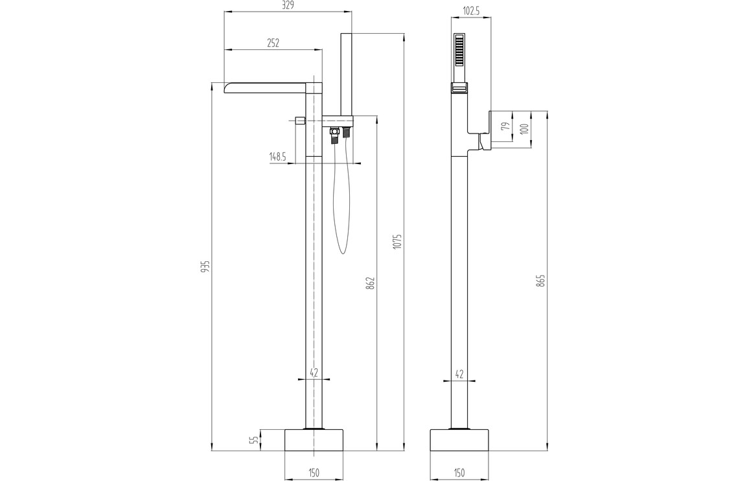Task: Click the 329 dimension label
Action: (288, 5)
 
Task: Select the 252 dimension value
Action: (273, 43)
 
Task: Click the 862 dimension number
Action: (372, 283)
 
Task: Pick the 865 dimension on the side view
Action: (540, 280)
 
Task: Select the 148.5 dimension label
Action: (277, 156)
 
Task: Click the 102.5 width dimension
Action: (471, 12)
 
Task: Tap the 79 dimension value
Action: (505, 127)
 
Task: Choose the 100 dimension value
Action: (524, 128)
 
